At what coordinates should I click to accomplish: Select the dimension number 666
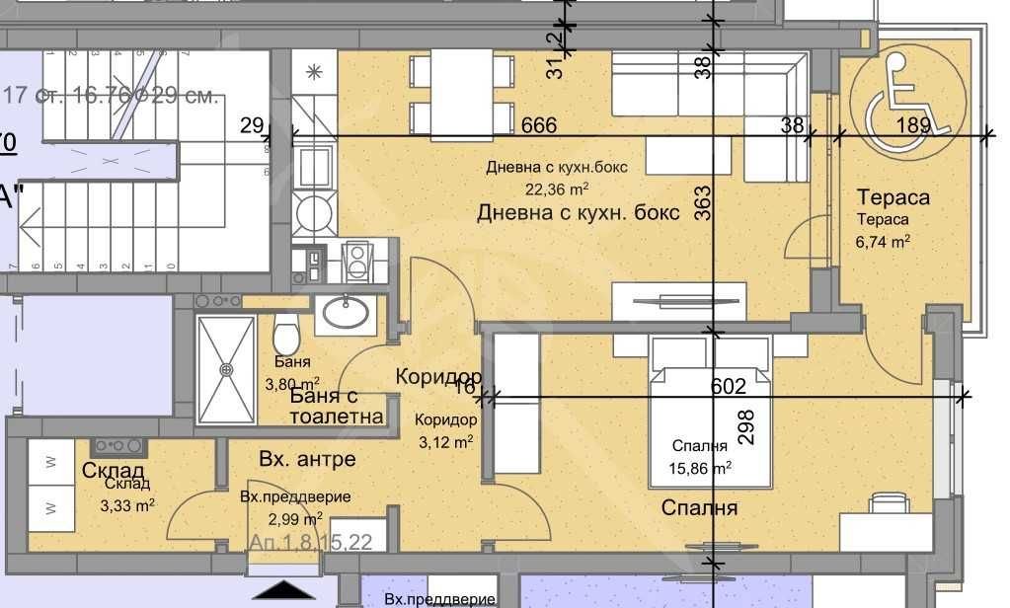(x=539, y=126)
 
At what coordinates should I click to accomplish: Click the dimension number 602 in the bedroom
(x=729, y=387)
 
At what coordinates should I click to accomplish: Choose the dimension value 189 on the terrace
(x=914, y=124)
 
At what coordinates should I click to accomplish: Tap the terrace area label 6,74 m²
(x=883, y=240)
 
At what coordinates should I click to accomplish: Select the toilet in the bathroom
(x=285, y=335)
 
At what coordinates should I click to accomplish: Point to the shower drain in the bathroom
(x=226, y=369)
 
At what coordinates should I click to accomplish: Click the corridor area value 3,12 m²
(x=444, y=441)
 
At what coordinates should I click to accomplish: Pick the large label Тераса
(x=893, y=197)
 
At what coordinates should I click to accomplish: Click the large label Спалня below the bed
(x=701, y=508)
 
